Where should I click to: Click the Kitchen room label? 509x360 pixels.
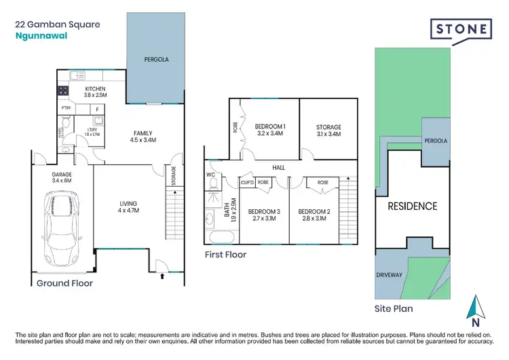pos(94,92)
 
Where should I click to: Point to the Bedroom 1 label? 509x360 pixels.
pos(269,130)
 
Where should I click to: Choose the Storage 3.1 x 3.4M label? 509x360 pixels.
pos(328,130)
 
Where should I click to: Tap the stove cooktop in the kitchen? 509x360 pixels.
pos(64,90)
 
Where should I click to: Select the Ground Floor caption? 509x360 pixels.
pos(64,283)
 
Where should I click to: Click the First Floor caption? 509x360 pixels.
pos(225,255)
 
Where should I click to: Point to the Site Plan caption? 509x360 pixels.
pos(394,308)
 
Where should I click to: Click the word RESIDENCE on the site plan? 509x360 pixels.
pos(413,206)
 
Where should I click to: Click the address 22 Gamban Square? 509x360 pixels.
pos(57,24)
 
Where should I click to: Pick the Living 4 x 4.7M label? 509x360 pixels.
pos(128,207)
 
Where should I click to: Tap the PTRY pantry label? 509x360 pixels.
pos(66,108)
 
